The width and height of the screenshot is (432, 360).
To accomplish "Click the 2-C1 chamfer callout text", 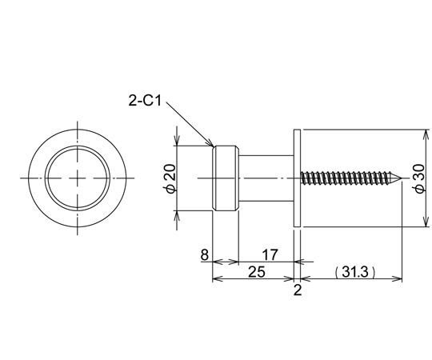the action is [145, 101].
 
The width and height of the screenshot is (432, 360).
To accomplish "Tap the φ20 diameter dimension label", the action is [170, 178].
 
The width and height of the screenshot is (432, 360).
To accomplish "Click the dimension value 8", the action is [205, 254].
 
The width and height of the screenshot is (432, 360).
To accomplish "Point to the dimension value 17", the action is [270, 254].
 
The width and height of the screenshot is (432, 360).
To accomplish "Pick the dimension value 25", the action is [257, 272].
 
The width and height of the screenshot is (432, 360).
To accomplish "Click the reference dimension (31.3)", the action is [355, 272].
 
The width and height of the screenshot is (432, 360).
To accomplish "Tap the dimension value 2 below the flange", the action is [298, 290].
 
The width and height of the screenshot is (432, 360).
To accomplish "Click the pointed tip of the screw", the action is [401, 178].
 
